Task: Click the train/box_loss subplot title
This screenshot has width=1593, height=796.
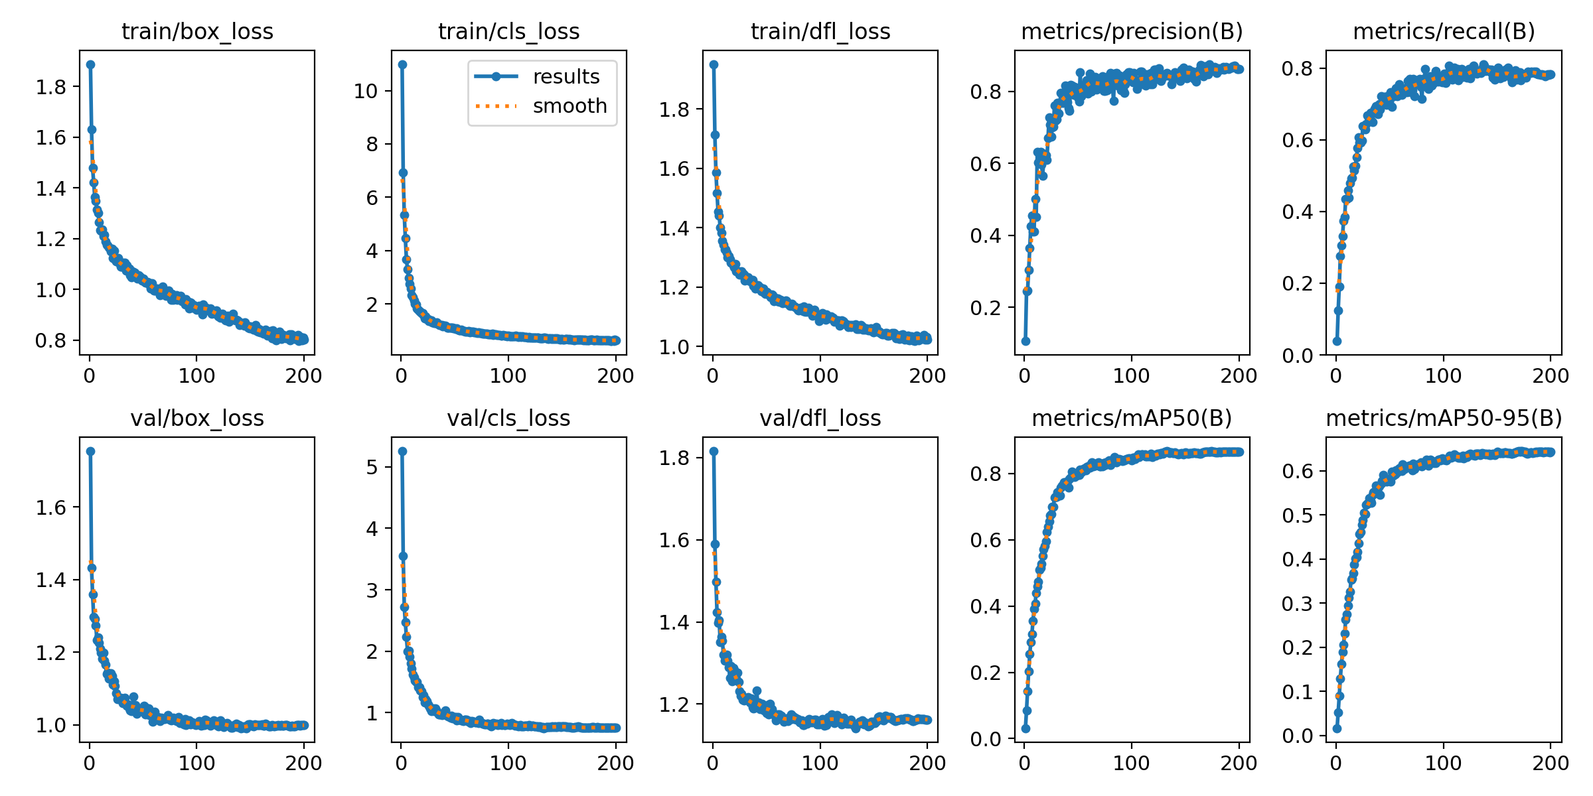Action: (x=197, y=32)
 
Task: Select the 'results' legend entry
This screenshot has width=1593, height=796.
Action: (x=566, y=77)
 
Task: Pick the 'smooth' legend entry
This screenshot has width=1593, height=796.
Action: (x=569, y=106)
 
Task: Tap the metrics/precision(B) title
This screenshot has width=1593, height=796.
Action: (x=1132, y=32)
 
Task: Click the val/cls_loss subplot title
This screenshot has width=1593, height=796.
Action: (x=508, y=419)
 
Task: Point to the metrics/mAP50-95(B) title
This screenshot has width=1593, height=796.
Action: (x=1444, y=419)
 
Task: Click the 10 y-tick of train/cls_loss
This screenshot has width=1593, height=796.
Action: (x=366, y=91)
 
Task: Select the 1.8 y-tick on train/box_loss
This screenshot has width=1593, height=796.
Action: (x=52, y=87)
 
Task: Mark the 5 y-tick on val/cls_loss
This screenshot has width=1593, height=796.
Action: (x=371, y=467)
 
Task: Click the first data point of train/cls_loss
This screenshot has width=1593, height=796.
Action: (x=402, y=64)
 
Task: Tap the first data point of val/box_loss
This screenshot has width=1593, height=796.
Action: (x=90, y=451)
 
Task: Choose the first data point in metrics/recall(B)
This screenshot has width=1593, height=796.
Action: (x=1337, y=341)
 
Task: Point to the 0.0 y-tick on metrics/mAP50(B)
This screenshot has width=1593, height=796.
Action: (x=986, y=739)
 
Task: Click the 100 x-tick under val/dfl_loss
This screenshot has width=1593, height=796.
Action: (x=820, y=763)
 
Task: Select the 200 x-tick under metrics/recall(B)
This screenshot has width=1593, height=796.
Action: (x=1551, y=376)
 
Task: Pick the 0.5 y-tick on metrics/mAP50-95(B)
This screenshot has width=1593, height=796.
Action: (x=1298, y=515)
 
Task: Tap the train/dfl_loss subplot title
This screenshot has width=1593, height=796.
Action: (x=820, y=32)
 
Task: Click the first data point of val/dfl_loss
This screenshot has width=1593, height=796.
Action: (x=714, y=451)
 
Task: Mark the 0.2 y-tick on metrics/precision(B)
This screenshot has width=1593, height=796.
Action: (x=986, y=308)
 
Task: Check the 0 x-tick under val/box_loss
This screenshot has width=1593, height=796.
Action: (x=90, y=763)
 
